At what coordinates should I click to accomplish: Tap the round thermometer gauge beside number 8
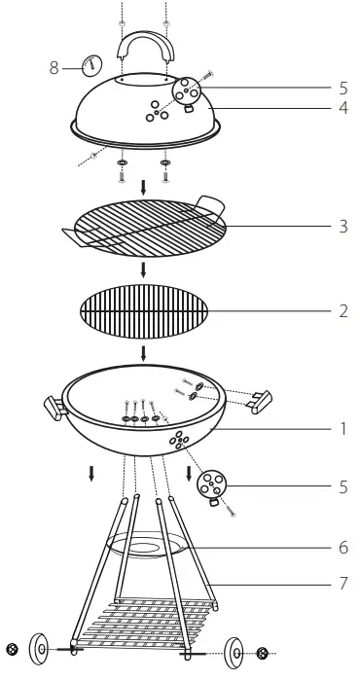click(x=90, y=65)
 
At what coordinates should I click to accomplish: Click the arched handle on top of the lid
click(x=145, y=49)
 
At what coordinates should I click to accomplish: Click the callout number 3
click(x=343, y=227)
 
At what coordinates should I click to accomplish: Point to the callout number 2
click(x=343, y=311)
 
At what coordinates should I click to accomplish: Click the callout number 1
click(x=343, y=427)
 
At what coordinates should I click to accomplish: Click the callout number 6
click(x=343, y=548)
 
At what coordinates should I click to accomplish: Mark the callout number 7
click(x=343, y=584)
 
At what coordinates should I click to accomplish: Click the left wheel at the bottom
click(x=41, y=649)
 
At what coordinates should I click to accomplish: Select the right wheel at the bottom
click(x=237, y=652)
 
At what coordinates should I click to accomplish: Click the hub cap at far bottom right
click(x=264, y=653)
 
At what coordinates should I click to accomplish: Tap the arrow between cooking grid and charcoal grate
click(x=143, y=269)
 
